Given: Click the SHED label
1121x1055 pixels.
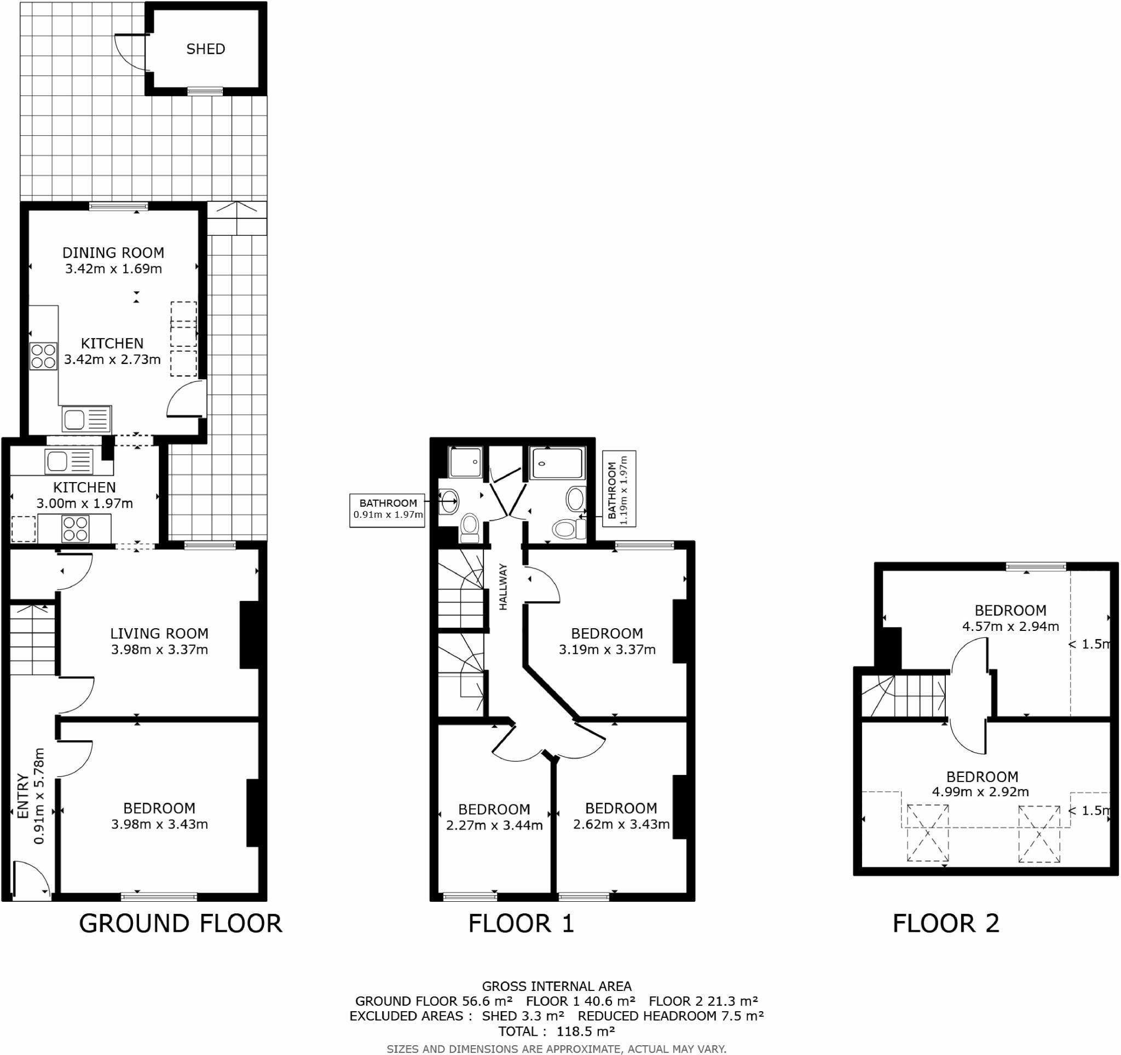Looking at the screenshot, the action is (x=206, y=49).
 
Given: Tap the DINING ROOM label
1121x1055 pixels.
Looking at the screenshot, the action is (x=113, y=252).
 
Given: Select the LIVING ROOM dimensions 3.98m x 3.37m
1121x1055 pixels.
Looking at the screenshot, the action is (x=160, y=649).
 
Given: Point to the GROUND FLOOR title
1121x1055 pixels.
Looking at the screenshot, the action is (x=181, y=924).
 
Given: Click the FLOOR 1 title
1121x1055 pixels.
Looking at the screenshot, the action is (x=521, y=924).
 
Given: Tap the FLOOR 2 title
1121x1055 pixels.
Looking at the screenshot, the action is (x=946, y=924).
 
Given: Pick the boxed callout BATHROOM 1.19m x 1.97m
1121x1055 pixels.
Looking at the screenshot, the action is (x=619, y=489).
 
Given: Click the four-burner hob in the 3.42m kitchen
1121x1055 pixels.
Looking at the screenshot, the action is (x=43, y=356).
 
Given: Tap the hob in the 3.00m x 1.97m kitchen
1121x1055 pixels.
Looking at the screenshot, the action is (x=76, y=529).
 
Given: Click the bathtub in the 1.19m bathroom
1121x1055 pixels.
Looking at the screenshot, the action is (x=558, y=465).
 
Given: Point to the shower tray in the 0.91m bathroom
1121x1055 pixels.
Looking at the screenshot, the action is (x=466, y=462).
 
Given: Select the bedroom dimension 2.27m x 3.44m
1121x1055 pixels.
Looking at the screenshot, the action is (x=494, y=826).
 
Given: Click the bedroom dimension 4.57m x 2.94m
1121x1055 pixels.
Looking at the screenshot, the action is (x=1010, y=626).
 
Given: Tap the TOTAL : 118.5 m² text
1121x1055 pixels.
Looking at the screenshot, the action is (x=557, y=1032).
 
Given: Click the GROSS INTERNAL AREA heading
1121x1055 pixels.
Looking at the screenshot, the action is (x=557, y=986).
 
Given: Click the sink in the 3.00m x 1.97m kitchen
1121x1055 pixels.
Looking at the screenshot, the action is (x=69, y=462).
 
